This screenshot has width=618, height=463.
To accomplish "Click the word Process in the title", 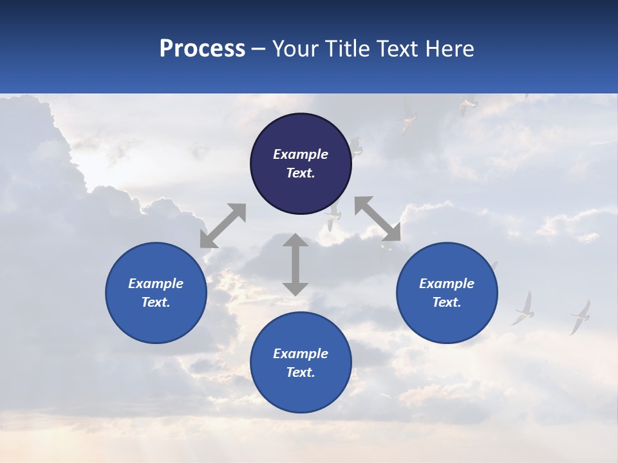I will (x=202, y=49).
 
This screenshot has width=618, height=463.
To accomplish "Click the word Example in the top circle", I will (x=301, y=154).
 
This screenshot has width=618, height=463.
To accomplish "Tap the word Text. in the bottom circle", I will (x=301, y=372).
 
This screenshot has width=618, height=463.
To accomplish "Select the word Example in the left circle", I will (x=156, y=284).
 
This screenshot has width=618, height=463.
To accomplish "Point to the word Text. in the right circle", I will (x=447, y=302).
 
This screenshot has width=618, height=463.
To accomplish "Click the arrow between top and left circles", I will (x=223, y=226).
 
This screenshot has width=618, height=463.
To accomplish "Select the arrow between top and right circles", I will (x=377, y=219).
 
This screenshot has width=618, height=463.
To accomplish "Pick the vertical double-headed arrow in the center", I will (x=295, y=264).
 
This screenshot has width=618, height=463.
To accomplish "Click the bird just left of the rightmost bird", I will (x=524, y=309).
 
